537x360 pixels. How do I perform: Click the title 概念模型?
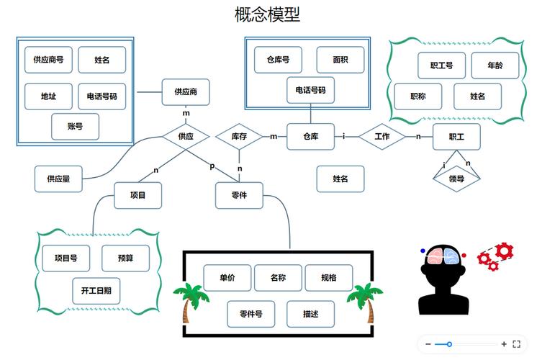(268, 14)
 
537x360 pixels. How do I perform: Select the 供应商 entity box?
(186, 91)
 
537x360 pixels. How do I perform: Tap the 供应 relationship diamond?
(186, 136)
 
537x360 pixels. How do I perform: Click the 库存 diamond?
(239, 136)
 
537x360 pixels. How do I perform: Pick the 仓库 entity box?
(311, 136)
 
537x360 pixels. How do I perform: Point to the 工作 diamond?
(382, 136)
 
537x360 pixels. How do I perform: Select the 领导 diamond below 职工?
(456, 179)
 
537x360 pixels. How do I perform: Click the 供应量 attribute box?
(58, 179)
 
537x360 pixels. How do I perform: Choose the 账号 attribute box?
(76, 127)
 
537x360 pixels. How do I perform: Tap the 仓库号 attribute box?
(278, 60)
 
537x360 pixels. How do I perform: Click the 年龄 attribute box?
(495, 66)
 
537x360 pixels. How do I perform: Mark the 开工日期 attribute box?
(96, 291)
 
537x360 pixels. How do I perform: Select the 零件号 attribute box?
(251, 314)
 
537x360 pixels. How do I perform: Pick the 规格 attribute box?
(329, 278)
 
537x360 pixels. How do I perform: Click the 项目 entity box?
(137, 195)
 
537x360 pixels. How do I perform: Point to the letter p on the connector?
(212, 166)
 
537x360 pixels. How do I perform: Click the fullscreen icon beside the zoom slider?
(516, 344)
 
